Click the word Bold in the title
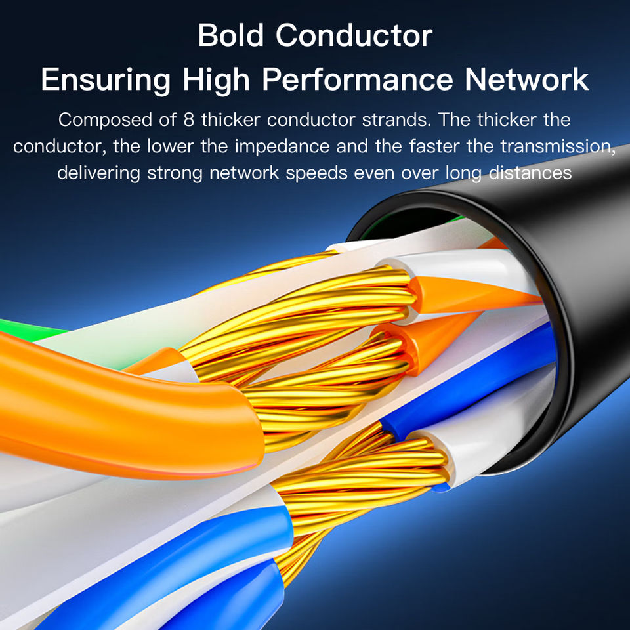(x=230, y=35)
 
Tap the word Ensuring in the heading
(x=106, y=80)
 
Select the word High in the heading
(x=216, y=80)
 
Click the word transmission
(x=550, y=146)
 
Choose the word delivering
(x=98, y=173)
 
